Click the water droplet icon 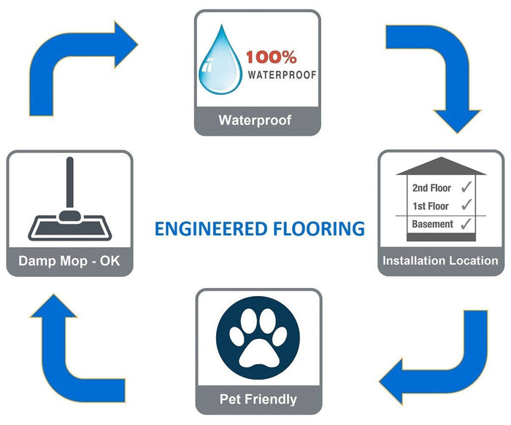click(222, 61)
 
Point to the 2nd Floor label click(431, 188)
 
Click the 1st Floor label click(431, 206)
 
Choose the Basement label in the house click(432, 224)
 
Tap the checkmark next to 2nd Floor click(466, 187)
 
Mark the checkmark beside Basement click(467, 224)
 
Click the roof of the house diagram click(441, 166)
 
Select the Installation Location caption click(441, 260)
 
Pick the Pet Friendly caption click(258, 399)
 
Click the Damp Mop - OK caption click(69, 260)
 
